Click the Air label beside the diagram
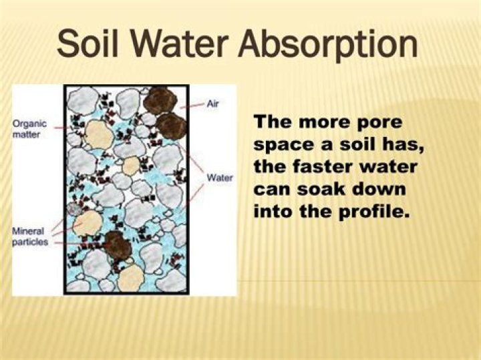[x=213, y=104]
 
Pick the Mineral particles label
[x=30, y=237]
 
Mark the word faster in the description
[x=329, y=167]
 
